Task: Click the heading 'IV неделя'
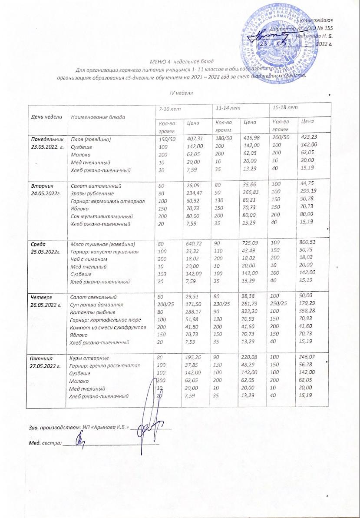click(x=181, y=93)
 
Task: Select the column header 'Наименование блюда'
click(x=98, y=117)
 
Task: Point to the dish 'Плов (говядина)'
click(x=91, y=139)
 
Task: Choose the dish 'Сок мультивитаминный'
click(x=99, y=216)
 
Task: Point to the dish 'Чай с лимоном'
click(x=89, y=259)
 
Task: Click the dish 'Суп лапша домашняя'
click(x=97, y=305)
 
